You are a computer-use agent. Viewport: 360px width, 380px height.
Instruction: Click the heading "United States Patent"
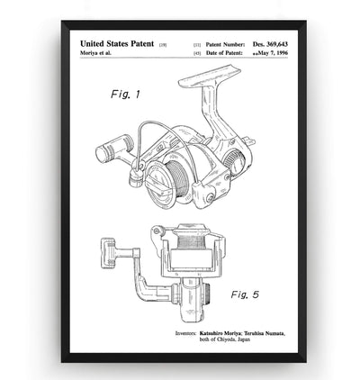pos(117,43)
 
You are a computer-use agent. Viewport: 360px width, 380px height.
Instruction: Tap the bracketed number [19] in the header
pos(163,44)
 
